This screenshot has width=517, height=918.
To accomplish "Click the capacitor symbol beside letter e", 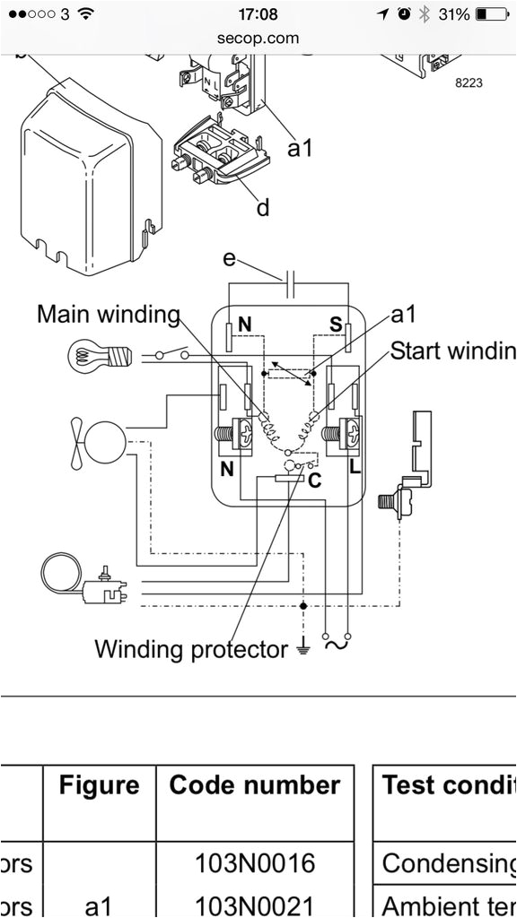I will [x=289, y=288].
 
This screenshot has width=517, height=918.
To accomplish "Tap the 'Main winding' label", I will [x=108, y=315].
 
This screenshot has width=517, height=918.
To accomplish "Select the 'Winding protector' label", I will [x=191, y=648].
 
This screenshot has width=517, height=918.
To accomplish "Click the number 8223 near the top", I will [x=469, y=82].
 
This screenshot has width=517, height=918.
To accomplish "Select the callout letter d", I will [x=262, y=208].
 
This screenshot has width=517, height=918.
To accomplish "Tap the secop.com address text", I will [x=258, y=38].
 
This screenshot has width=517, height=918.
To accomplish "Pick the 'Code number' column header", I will [x=255, y=786].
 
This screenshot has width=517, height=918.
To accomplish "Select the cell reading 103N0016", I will [x=255, y=862].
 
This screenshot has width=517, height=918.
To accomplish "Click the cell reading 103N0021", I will [x=255, y=905].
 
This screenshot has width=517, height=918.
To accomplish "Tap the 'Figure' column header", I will [x=99, y=786].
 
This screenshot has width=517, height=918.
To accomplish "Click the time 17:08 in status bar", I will [x=258, y=14].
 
